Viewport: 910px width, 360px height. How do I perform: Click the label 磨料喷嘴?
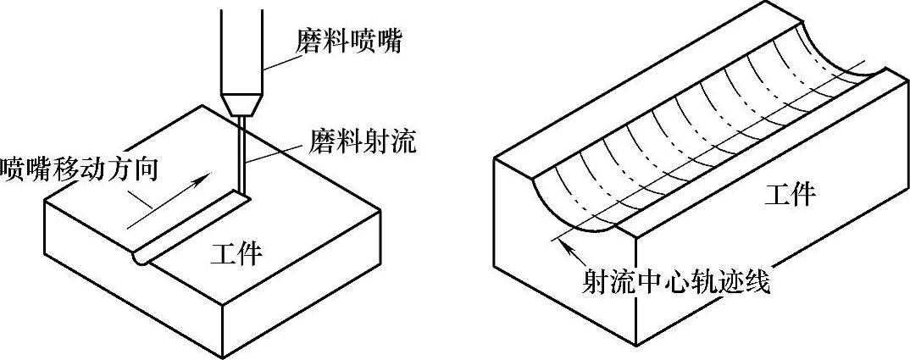point(347,41)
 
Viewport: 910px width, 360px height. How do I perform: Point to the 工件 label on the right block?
point(790,196)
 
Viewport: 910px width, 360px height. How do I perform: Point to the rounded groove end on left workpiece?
point(140,257)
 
